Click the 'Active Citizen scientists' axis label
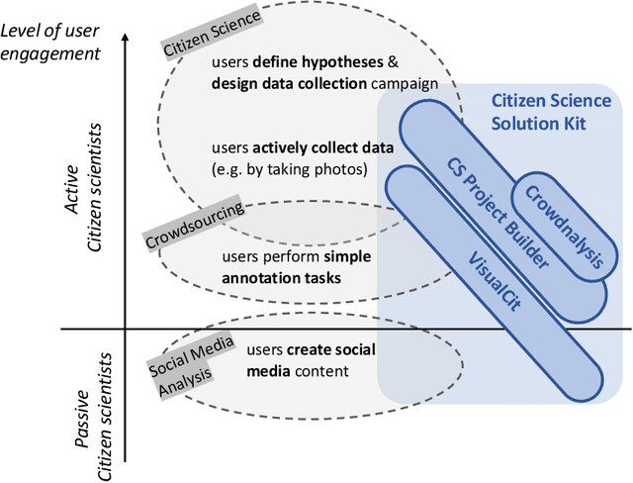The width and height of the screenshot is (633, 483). (x=82, y=186)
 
